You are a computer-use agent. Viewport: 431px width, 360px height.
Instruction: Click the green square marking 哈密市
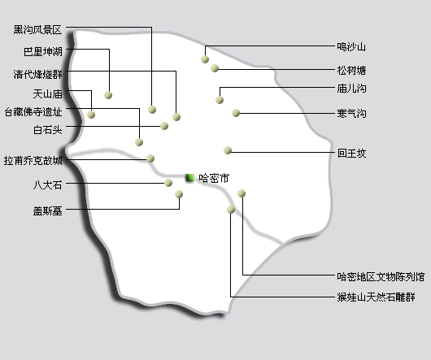tap(190, 178)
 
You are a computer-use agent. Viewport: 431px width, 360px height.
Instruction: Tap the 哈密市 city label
tap(214, 179)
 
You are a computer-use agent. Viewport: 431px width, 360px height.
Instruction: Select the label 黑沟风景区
tap(37, 29)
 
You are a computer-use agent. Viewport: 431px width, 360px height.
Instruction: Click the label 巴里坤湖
tap(43, 52)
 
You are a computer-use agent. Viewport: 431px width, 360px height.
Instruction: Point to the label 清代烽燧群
tap(37, 74)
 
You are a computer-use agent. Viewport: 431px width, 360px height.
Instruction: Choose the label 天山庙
tap(47, 94)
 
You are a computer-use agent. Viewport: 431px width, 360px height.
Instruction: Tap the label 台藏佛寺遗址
tap(33, 112)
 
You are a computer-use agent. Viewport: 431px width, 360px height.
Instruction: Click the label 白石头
tap(47, 130)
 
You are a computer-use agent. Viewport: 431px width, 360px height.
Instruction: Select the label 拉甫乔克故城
tap(33, 161)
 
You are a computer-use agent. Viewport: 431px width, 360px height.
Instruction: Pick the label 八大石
tap(47, 184)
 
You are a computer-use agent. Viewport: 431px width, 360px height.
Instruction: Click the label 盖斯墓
tap(47, 211)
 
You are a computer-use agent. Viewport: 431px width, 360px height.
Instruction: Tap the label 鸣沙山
tap(351, 47)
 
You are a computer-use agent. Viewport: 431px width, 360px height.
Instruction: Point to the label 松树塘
tap(351, 71)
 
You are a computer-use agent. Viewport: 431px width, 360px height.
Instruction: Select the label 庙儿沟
tap(351, 89)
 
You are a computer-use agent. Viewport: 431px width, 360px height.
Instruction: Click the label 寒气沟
tap(351, 113)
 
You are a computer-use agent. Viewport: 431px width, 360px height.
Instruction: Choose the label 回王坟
tap(352, 153)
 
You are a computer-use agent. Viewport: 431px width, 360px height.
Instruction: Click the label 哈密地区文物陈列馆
tap(381, 276)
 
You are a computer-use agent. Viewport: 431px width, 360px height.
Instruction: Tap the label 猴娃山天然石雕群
tap(376, 297)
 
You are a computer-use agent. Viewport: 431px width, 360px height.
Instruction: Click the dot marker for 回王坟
tap(228, 150)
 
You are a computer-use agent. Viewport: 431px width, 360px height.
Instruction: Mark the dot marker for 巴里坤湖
tap(108, 95)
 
